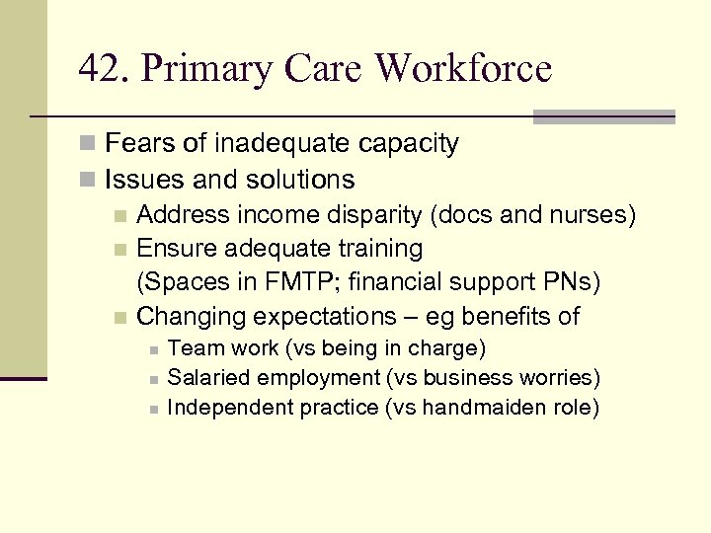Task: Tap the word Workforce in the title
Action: (463, 69)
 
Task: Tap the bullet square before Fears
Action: (89, 145)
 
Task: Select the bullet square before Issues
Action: (89, 181)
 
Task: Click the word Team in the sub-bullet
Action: (192, 348)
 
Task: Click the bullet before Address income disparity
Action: (119, 215)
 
